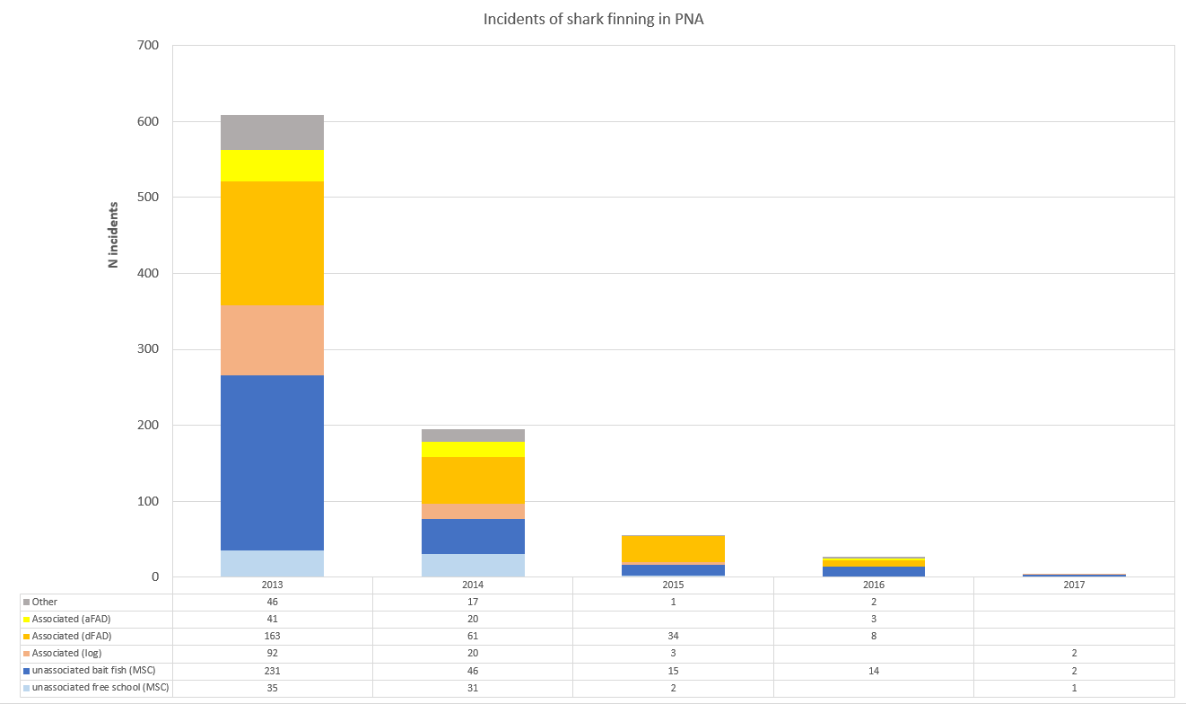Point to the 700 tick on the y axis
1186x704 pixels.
[x=148, y=46]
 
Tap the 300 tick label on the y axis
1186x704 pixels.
[x=148, y=349]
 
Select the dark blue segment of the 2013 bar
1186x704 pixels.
[x=273, y=462]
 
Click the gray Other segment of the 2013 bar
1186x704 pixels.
[x=273, y=132]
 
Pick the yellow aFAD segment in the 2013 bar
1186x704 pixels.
[x=273, y=165]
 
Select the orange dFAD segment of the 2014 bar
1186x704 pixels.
[x=474, y=480]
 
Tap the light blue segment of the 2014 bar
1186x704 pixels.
[x=474, y=565]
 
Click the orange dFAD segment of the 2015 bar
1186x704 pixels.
[x=674, y=550]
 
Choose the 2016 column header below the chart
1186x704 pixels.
[x=873, y=585]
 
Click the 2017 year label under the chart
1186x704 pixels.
[x=1074, y=585]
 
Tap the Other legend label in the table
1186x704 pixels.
[x=45, y=602]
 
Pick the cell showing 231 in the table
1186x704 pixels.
[x=273, y=670]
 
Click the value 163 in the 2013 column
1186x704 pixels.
[x=273, y=636]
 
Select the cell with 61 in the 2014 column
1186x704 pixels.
[x=473, y=636]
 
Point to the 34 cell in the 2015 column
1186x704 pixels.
[x=673, y=636]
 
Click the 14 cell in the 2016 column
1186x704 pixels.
[x=873, y=670]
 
